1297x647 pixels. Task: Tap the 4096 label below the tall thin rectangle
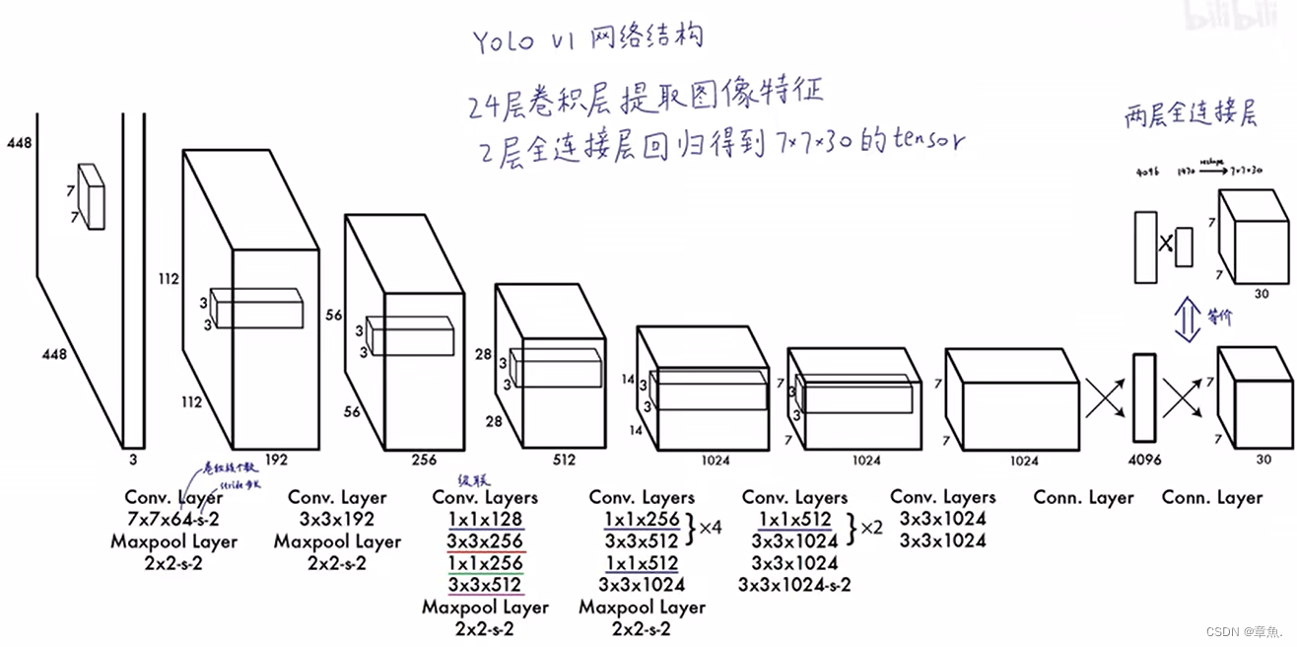1143,460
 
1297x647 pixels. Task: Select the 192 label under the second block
276,459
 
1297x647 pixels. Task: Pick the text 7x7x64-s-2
173,520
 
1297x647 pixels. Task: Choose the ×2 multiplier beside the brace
870,529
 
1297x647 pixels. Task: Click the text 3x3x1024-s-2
794,585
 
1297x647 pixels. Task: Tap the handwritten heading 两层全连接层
1191,116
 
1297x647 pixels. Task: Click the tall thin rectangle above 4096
1143,397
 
